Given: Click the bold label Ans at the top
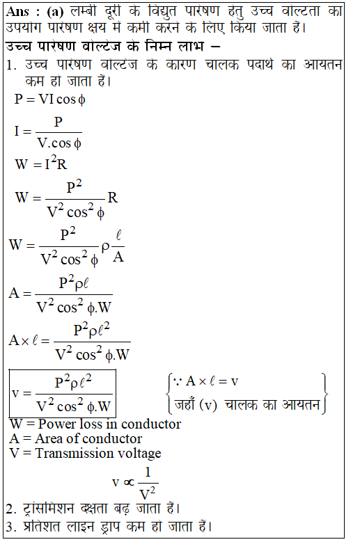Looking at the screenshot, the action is [x=17, y=12].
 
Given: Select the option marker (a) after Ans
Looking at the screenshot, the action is [x=55, y=12].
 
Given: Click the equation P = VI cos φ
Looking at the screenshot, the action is [x=50, y=99].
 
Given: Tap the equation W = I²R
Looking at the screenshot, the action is [x=41, y=164].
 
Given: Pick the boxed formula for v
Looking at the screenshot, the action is [x=62, y=394].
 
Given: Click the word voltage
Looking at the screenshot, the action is [x=139, y=454].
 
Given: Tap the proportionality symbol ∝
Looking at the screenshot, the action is [x=129, y=483].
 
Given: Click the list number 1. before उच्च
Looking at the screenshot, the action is [x=11, y=65].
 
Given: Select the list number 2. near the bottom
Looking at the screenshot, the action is [x=11, y=509].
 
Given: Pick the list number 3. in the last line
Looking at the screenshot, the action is [x=11, y=526].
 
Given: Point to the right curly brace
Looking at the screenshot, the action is [x=324, y=394].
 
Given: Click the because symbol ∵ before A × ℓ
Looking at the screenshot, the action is [x=178, y=382].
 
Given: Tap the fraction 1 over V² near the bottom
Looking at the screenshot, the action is [x=148, y=484].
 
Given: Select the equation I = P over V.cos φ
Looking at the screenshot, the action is [x=48, y=132].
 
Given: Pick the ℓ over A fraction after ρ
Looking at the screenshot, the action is [x=118, y=246].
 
